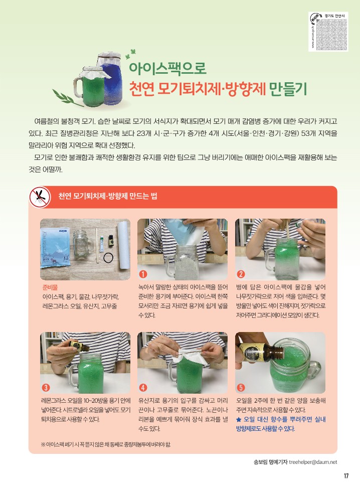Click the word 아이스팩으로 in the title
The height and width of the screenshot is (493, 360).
tap(167, 68)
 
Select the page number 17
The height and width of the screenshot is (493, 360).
tap(346, 476)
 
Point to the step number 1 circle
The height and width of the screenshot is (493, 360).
tap(143, 274)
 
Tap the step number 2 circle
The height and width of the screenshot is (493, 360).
tap(241, 274)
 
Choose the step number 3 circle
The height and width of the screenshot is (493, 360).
tap(46, 387)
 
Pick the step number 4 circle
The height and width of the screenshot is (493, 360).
tap(143, 387)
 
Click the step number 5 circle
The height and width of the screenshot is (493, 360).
tap(241, 387)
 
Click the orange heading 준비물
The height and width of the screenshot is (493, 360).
tap(50, 287)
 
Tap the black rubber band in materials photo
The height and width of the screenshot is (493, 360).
tap(108, 258)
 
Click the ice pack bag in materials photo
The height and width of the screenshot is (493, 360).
tap(56, 248)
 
